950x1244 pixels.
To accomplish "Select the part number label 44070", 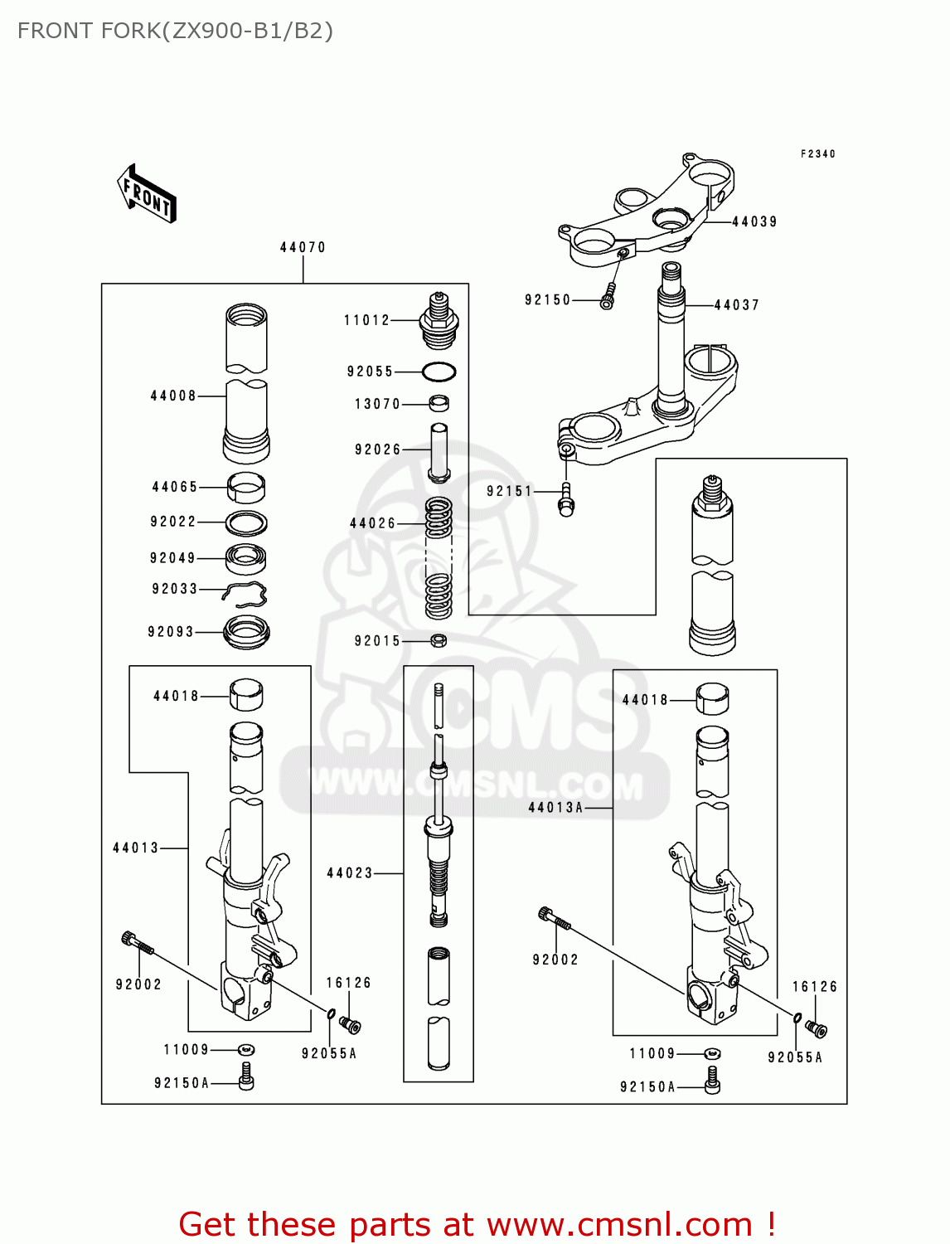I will (303, 247).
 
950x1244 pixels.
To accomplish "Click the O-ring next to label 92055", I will (439, 372).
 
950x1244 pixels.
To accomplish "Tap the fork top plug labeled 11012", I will (439, 321).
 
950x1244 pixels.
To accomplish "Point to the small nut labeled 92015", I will (439, 640).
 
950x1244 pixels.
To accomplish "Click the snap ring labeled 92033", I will (246, 593).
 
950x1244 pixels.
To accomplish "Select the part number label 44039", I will (754, 221).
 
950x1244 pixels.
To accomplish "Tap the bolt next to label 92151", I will (566, 499).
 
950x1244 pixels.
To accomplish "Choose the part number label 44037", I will (736, 304).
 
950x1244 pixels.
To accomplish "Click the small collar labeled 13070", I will (439, 404).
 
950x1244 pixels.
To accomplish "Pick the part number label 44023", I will (350, 872).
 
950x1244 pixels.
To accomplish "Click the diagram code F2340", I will (817, 153).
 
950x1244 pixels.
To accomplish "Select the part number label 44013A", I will (555, 807).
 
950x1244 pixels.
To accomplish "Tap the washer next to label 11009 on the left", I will (246, 1050).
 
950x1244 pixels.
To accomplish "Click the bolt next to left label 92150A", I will (246, 1077).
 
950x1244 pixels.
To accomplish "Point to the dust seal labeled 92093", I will (246, 633).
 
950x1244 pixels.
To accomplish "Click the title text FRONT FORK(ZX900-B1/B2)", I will (175, 31).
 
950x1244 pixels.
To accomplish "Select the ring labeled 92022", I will (246, 523).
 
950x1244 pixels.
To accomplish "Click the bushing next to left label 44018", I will (246, 695).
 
